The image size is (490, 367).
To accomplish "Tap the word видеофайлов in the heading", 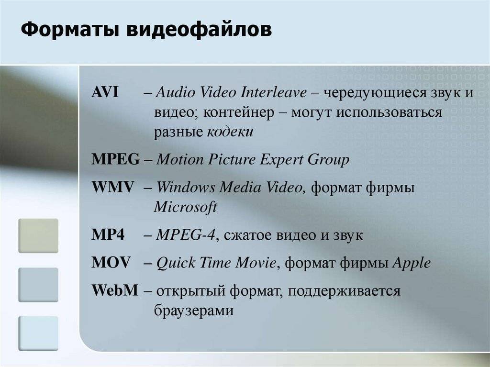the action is click(x=199, y=29).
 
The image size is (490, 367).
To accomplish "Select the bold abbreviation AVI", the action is click(x=105, y=92).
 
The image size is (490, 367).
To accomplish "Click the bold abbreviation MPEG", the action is click(x=115, y=159).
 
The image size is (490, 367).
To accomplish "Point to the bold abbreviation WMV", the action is click(x=112, y=187).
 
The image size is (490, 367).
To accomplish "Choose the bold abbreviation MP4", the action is click(x=108, y=234).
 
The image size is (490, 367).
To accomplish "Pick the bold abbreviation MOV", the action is click(x=111, y=263).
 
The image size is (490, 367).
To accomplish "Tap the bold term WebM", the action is click(x=115, y=290).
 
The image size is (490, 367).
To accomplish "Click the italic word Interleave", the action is click(x=273, y=92).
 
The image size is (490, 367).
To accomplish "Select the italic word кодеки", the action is click(x=230, y=132).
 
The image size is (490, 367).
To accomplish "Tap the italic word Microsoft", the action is click(x=185, y=207).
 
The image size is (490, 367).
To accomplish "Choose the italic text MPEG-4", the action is click(x=186, y=235).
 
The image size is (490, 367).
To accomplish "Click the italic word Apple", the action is click(x=412, y=263).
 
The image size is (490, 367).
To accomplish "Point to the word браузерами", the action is click(x=194, y=311).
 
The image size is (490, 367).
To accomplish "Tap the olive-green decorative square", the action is click(x=38, y=236).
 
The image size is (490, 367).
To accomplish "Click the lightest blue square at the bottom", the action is click(x=38, y=333).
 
